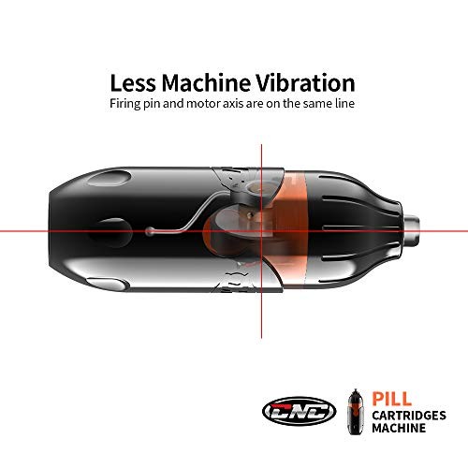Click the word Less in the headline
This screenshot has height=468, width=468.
tap(133, 83)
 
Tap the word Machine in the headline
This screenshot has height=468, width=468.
tap(206, 83)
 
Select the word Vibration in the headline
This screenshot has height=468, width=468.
tap(306, 83)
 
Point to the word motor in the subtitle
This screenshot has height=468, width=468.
tap(204, 104)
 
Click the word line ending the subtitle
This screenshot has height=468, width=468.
tap(344, 103)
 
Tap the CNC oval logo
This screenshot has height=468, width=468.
tap(299, 412)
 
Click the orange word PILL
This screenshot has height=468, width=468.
tap(391, 399)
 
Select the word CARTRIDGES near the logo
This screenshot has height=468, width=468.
tap(409, 416)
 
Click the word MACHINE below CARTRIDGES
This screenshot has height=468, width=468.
tap(399, 428)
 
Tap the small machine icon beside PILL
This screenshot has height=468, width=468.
tap(356, 412)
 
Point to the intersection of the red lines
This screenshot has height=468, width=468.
tap(261, 231)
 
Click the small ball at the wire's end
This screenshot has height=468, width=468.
tap(150, 231)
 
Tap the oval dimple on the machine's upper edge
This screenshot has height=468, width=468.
tap(110, 178)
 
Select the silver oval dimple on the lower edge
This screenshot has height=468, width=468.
tap(108, 284)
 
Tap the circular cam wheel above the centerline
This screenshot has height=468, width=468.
tap(256, 189)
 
